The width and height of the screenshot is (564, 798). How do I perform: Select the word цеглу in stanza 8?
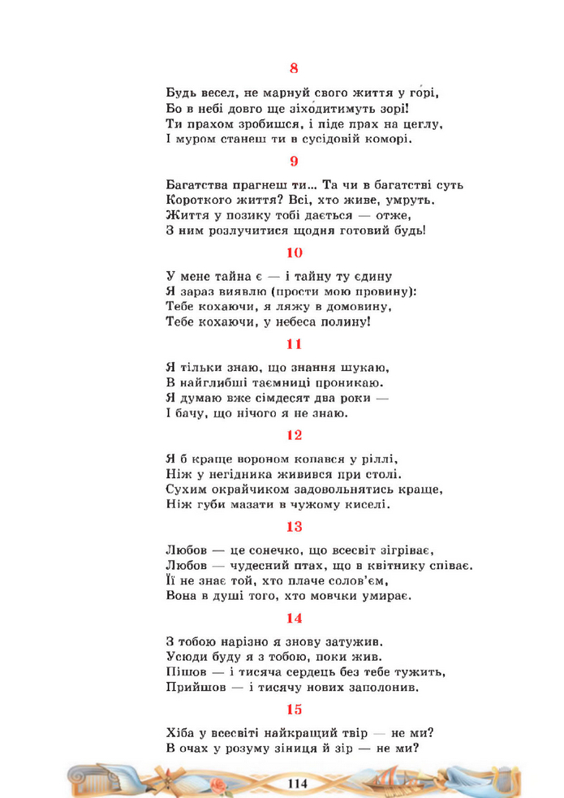pyautogui.click(x=419, y=124)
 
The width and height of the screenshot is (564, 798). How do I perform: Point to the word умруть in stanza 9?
pyautogui.click(x=411, y=200)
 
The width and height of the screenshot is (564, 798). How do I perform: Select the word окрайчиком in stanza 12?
pyautogui.click(x=252, y=490)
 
